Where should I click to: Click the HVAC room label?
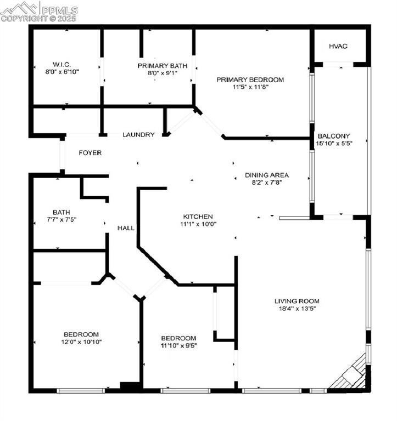coord(338,46)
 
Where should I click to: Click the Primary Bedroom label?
coord(250,79)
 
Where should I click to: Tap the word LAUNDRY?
coord(138,134)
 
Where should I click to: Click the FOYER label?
coord(90,153)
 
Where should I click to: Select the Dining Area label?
coord(267,175)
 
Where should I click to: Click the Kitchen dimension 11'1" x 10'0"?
coord(198,224)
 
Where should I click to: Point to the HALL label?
coord(126,228)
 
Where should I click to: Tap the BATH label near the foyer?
coord(61,212)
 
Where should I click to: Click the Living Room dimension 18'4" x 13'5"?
coord(297,308)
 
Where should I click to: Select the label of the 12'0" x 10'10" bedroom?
coord(81,334)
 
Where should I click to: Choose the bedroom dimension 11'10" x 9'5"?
coord(178,345)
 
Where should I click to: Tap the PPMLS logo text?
coord(59,10)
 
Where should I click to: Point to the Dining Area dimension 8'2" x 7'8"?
coord(267,183)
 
